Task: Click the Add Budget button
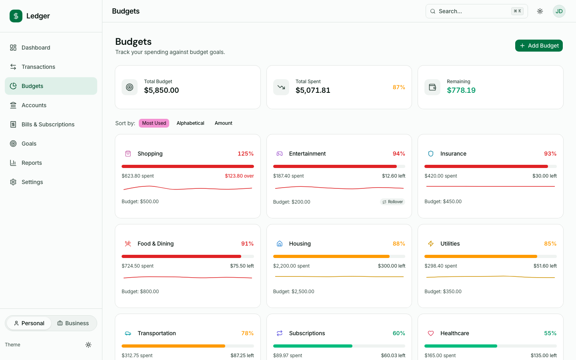(539, 46)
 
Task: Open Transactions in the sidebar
(38, 67)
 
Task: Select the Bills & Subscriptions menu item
(48, 124)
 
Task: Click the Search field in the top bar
(472, 11)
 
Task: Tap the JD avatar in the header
(559, 11)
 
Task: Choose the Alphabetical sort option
(190, 123)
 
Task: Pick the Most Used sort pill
(154, 123)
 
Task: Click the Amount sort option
(223, 123)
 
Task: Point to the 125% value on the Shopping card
(246, 154)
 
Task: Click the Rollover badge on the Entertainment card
(392, 202)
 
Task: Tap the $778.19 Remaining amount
(461, 90)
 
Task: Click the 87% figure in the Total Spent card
(399, 87)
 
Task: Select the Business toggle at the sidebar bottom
(73, 323)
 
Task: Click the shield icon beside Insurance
(431, 154)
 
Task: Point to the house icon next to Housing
(280, 244)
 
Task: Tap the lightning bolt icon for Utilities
(431, 244)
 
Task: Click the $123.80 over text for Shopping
(239, 176)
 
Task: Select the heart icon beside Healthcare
(431, 333)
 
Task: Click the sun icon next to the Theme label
(88, 345)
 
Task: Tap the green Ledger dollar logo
(16, 16)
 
